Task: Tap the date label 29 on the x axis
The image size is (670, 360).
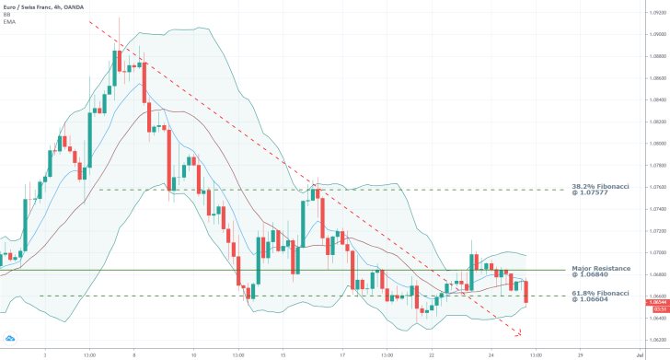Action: [580, 354]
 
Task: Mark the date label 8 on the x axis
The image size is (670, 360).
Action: [134, 354]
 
